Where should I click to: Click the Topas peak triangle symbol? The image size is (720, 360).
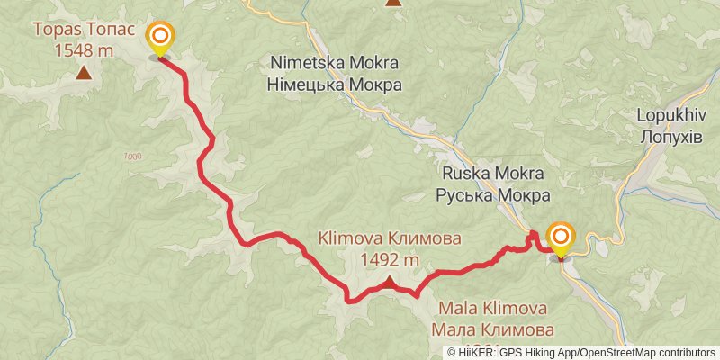(84, 73)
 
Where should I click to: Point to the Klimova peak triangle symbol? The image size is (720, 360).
(390, 283)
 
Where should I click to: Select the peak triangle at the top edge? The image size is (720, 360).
(393, 3)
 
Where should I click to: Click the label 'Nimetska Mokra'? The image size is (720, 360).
(334, 66)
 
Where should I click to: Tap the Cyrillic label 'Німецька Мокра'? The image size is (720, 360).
(334, 85)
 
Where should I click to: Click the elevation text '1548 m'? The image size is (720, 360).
(84, 50)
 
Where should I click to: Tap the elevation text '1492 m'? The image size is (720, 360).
(390, 260)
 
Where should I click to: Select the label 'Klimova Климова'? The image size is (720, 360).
(390, 239)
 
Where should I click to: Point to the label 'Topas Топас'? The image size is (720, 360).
(84, 30)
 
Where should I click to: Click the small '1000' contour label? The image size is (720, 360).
(131, 157)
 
